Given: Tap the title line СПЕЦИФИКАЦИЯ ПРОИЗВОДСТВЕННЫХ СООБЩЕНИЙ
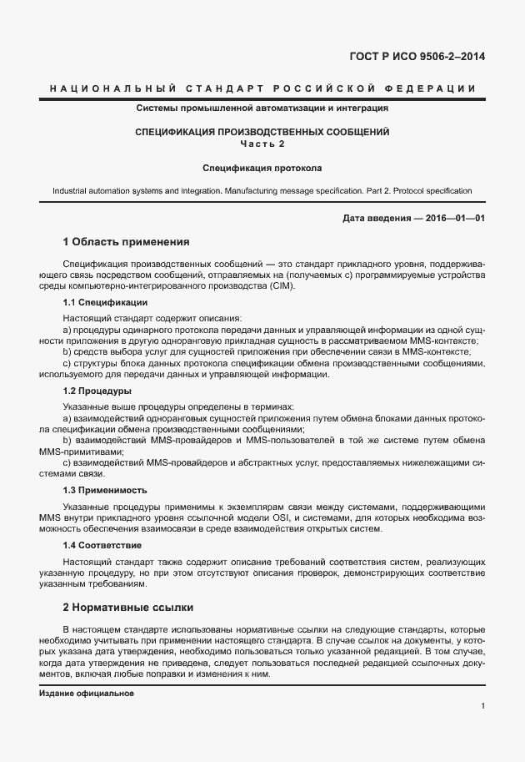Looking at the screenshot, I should [262, 132].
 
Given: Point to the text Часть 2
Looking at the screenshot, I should [262, 144].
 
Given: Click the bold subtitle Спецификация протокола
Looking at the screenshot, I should [262, 167].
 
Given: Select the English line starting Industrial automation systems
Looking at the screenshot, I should [262, 190].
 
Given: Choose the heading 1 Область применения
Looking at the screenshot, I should [127, 242].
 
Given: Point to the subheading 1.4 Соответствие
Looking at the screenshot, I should [102, 543].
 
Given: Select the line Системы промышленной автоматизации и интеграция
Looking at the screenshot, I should [262, 108].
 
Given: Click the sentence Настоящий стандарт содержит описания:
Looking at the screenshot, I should [152, 318].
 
